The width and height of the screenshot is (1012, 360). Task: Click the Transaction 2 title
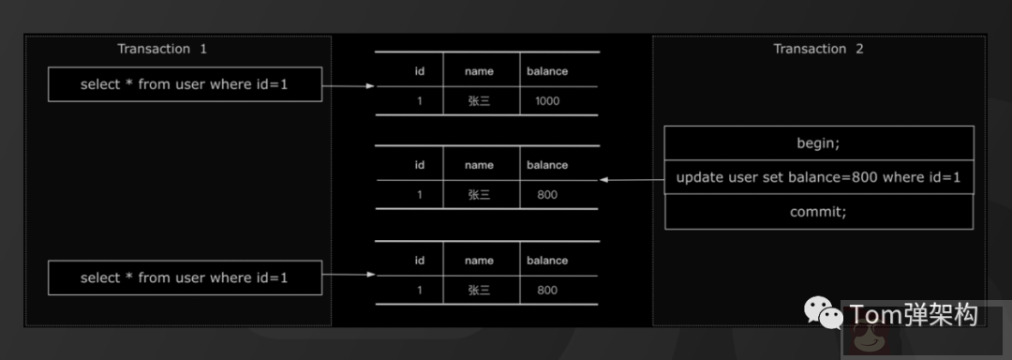coord(818,49)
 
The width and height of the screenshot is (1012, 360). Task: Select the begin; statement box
coord(819,143)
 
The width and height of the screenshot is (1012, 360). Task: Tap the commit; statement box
coord(819,212)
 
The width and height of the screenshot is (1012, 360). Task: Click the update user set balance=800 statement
coord(819,177)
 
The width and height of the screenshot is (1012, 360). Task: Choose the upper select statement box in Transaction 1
coord(185,84)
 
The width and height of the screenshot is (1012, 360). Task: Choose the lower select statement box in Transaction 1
coord(185,277)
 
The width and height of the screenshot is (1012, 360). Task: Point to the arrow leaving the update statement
coord(632,179)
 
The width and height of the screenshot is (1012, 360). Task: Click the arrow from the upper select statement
coord(349,86)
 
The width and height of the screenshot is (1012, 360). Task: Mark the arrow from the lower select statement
coord(349,276)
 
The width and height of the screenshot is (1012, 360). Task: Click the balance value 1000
coord(547,101)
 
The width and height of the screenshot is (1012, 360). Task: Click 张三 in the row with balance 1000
coord(479,101)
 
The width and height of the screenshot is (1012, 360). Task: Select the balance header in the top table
coord(547,70)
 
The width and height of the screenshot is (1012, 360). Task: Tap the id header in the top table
coord(420,70)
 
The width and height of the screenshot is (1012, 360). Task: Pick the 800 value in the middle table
coord(547,195)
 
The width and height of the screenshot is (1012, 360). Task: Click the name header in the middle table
coord(479,165)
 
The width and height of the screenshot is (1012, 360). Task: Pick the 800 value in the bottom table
coord(547,291)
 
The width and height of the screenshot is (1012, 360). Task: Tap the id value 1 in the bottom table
coord(420,291)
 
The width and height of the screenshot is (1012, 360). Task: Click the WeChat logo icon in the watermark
coord(822,315)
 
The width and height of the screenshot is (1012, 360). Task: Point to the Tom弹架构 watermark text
coord(913,315)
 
